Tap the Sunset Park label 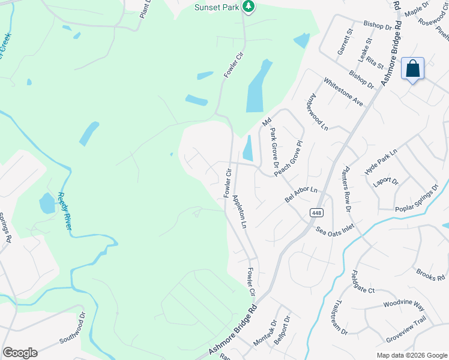pyautogui.click(x=217, y=7)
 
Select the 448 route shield pyautogui.click(x=315, y=212)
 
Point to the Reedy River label pyautogui.click(x=65, y=210)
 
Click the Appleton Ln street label pyautogui.click(x=240, y=211)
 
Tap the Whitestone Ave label pyautogui.click(x=343, y=92)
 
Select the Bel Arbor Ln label pyautogui.click(x=301, y=195)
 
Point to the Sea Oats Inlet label pyautogui.click(x=336, y=228)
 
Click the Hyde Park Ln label pyautogui.click(x=381, y=162)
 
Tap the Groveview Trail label pyautogui.click(x=406, y=330)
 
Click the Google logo pyautogui.click(x=20, y=353)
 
